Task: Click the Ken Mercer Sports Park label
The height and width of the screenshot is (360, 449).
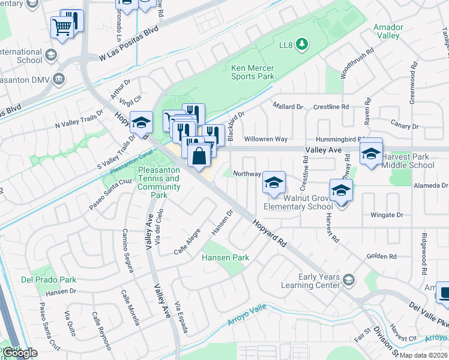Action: click(x=253, y=72)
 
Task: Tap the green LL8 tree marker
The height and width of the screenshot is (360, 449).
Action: click(x=302, y=44)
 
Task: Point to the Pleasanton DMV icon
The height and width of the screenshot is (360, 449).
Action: click(x=58, y=79)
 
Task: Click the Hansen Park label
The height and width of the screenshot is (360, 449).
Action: click(x=225, y=257)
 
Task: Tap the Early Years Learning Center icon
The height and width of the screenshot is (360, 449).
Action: click(x=348, y=279)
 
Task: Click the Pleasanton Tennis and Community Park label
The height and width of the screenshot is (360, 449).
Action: click(x=159, y=182)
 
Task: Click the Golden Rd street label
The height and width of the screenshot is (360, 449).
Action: click(x=382, y=256)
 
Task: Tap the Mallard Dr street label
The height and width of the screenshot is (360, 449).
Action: click(x=288, y=106)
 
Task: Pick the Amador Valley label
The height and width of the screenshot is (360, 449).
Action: click(x=387, y=31)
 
